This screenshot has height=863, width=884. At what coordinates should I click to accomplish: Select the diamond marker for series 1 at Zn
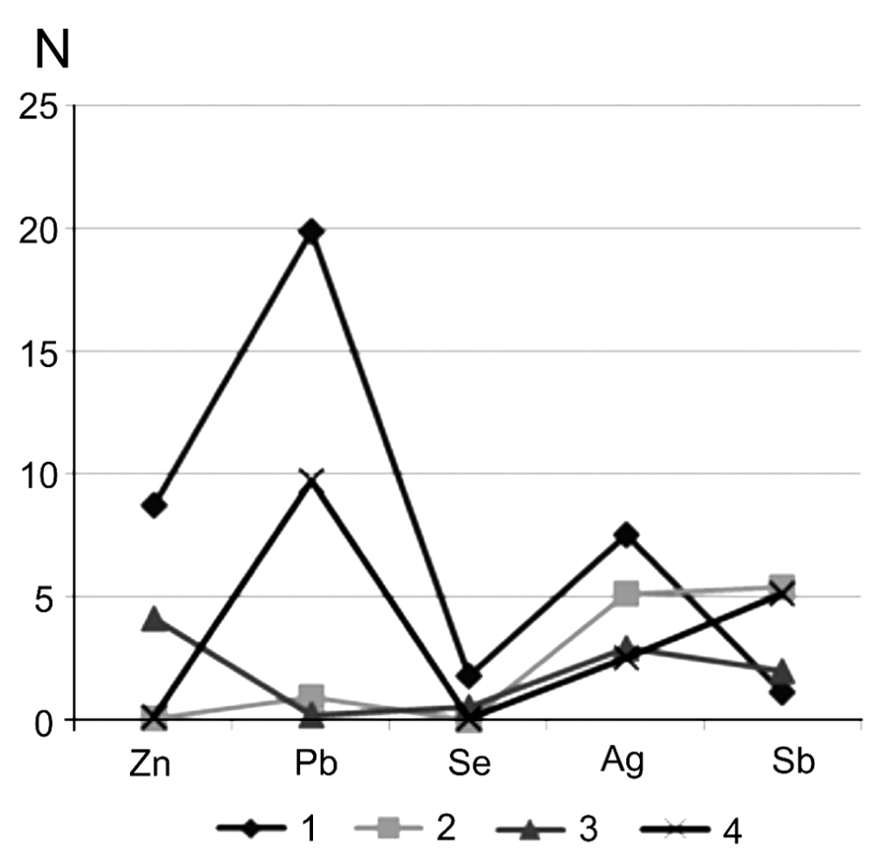click(155, 505)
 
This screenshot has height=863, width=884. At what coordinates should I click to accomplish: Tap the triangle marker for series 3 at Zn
click(155, 620)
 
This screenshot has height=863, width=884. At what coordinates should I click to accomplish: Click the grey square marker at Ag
click(626, 595)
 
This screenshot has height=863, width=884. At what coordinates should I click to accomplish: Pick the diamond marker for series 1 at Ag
click(626, 535)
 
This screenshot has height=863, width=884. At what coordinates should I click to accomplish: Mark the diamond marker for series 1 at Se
click(469, 676)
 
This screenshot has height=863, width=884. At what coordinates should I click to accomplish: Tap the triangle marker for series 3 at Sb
click(782, 671)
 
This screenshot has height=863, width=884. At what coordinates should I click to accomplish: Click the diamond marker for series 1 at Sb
click(782, 693)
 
